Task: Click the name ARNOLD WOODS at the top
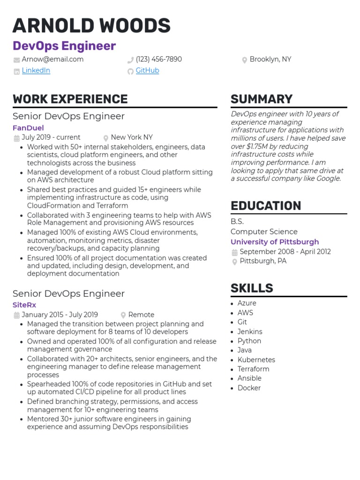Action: pos(91,25)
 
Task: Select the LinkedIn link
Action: pos(36,71)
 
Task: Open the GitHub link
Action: pos(147,71)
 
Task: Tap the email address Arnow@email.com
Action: pos(52,60)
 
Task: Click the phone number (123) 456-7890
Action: pos(158,60)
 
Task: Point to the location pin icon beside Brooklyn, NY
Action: pos(244,60)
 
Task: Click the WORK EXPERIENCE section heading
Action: pos(70,99)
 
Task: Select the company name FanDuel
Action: pos(28,128)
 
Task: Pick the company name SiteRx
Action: pos(24,305)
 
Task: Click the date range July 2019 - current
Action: pos(51,138)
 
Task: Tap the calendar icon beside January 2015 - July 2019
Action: pos(16,315)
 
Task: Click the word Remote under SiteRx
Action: pos(141,315)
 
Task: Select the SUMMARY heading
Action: pos(261,99)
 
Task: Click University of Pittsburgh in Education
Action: pos(274,242)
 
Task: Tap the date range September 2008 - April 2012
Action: pos(285,252)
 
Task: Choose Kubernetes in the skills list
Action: pos(256,360)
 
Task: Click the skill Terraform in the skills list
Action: pos(253,369)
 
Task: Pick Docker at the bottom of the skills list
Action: pos(249,388)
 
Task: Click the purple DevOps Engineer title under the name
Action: pos(64,46)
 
